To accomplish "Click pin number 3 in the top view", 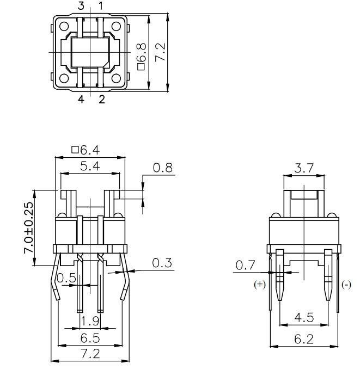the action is click(x=81, y=6).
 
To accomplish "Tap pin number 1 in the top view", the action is click(x=101, y=6).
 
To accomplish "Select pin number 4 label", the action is click(x=81, y=99).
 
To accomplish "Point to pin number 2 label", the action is click(x=102, y=99).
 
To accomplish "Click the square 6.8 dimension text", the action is click(x=142, y=57).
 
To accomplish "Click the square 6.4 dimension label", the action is click(x=86, y=150).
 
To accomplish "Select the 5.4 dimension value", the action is click(x=90, y=166).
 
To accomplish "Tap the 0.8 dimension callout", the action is click(x=163, y=168).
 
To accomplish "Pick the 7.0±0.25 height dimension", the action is click(x=28, y=228).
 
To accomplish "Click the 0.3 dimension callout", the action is click(x=162, y=263).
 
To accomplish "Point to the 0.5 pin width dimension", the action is click(x=66, y=278).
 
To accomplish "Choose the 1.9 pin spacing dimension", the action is click(x=90, y=321).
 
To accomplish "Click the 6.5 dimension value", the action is click(x=90, y=338).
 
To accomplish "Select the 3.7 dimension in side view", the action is click(x=304, y=168).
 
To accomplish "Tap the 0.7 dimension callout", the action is click(x=245, y=265).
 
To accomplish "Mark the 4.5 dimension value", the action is click(x=304, y=317).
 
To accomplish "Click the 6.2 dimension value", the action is click(x=304, y=339).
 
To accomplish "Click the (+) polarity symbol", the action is click(x=260, y=285).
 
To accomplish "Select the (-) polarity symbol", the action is click(x=346, y=285).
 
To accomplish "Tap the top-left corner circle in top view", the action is click(x=64, y=26).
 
